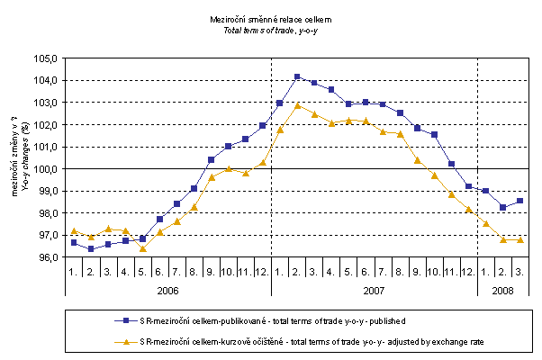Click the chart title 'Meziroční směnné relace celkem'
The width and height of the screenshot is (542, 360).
270,17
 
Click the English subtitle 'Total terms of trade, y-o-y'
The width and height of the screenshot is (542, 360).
270,29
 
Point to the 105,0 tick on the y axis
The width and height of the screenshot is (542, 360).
46,58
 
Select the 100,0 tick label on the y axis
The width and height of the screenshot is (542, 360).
46,168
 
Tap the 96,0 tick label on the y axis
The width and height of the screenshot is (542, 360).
46,257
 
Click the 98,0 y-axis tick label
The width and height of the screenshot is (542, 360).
46,213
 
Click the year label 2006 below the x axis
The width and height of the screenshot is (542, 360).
168,290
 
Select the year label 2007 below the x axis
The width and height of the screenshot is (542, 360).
374,290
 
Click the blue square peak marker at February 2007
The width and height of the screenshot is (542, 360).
297,76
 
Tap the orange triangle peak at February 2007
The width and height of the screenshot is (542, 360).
297,105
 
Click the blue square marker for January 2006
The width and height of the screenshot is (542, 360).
74,243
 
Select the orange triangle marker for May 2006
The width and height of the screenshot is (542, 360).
142,247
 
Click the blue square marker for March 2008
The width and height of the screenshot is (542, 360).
519,201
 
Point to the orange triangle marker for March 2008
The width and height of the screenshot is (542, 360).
519,239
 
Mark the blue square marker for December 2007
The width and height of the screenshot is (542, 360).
468,186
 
